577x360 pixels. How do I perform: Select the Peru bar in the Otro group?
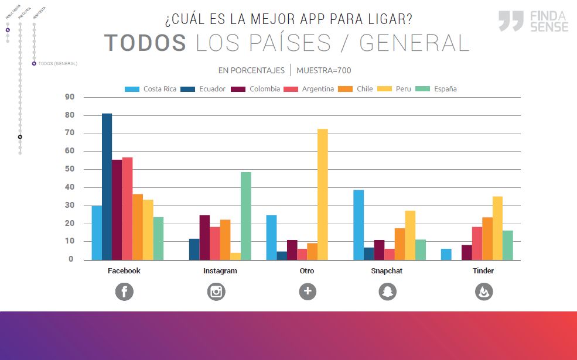pos(322,194)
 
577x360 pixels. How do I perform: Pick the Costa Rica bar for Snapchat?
pos(359,225)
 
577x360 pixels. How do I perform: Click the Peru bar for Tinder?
pos(497,228)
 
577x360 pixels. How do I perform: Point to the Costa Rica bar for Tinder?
pos(446,254)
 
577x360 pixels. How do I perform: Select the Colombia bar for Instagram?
pos(204,237)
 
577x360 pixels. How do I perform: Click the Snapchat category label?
pos(387,271)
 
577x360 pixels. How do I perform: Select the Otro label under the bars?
pos(307,271)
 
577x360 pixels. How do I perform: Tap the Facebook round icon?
pos(124,291)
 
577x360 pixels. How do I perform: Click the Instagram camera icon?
pos(216,291)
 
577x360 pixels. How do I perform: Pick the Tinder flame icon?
pos(484,291)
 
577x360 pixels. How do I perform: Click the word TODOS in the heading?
pos(145,43)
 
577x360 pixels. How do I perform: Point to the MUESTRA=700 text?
pos(323,70)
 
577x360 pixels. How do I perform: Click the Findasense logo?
pos(533,21)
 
